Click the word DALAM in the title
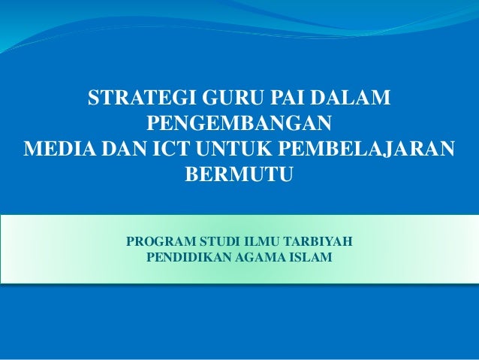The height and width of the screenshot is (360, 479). (x=354, y=98)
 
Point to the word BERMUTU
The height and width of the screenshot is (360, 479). (x=240, y=174)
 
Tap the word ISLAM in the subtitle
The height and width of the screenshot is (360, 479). (x=309, y=258)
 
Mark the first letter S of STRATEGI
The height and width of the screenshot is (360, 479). (x=94, y=98)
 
